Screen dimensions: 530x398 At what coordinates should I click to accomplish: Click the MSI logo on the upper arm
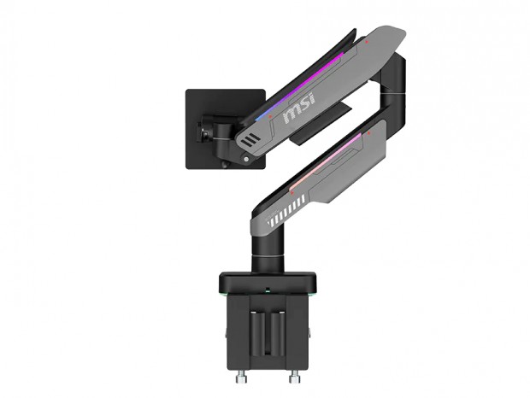coord(299,107)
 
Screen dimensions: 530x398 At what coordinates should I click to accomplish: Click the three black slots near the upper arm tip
coord(250,140)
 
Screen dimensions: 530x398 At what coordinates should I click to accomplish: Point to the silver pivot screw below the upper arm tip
coord(246,159)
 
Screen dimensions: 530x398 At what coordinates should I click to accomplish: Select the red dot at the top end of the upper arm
coord(367,42)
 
